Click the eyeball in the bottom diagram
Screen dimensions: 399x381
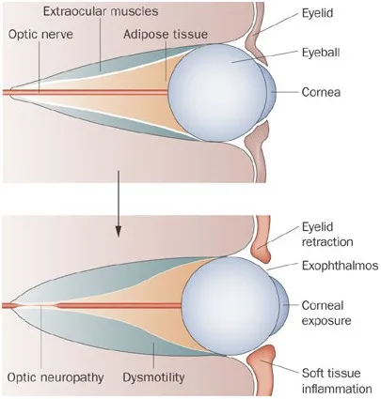tap(230, 306)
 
